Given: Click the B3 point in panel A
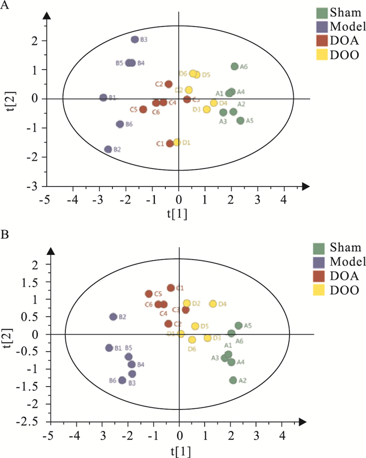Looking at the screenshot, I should point(135,40).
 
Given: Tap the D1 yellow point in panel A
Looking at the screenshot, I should point(177,142).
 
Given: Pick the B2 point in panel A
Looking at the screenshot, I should point(108,149).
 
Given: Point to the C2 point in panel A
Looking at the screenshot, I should point(168,84).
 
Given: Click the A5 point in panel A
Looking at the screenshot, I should point(241,121).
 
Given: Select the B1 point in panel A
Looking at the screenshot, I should point(104,98).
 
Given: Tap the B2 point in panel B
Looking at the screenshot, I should point(113,316).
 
